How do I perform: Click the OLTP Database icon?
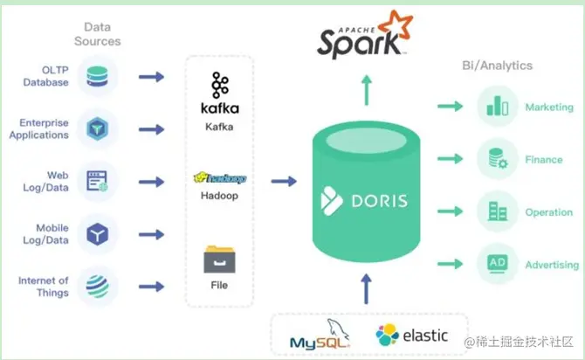coord(97,77)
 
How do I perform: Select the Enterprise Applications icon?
coord(97,129)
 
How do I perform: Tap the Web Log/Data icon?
coord(97,182)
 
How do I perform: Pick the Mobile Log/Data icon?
coord(97,234)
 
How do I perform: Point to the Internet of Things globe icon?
coord(97,287)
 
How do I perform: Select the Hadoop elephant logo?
coord(219,178)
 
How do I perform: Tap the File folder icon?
coord(219,260)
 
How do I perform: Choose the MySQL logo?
coord(322,335)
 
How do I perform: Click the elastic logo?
coord(412,335)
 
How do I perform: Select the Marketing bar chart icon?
coord(496,107)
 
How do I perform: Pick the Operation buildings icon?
coord(496,211)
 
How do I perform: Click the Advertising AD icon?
coord(496,264)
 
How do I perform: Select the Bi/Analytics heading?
coord(496,66)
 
